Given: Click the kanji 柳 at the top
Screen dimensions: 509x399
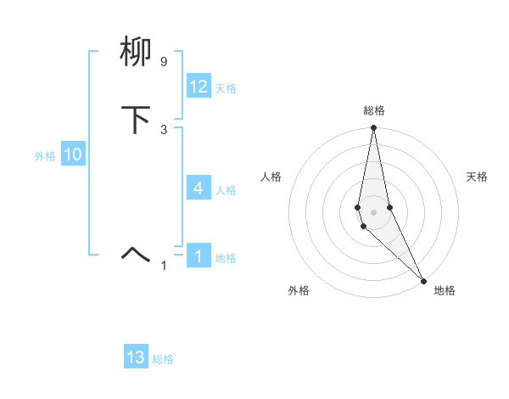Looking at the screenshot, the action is coord(137,53).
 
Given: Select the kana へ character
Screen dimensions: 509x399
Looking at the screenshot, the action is coord(137,254).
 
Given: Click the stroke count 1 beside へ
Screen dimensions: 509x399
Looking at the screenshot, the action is coord(164,266).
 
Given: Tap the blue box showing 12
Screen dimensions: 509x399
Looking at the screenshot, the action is coord(199,87).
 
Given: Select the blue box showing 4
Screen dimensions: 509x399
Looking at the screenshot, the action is coord(199,188).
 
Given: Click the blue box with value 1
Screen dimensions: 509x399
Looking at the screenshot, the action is coord(199,256).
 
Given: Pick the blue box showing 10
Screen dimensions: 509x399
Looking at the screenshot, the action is coord(72,155).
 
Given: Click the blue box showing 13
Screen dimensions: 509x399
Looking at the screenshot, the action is coord(136,357).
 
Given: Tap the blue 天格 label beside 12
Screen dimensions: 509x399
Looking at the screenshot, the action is coord(226,88).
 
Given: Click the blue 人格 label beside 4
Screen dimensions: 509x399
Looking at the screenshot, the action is coord(226,189).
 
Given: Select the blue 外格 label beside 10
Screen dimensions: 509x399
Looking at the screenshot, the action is coord(45,156).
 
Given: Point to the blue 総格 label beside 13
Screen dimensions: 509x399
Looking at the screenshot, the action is coord(163,359).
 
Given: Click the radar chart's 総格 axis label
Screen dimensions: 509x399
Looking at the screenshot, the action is coord(374,110).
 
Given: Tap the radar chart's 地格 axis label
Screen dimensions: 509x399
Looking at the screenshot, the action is coord(445,290).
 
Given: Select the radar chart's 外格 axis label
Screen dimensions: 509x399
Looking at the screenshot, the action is coord(299,290).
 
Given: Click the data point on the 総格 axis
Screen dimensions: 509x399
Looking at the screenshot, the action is coord(373,128).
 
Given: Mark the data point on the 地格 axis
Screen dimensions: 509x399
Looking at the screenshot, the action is coord(424,280).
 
